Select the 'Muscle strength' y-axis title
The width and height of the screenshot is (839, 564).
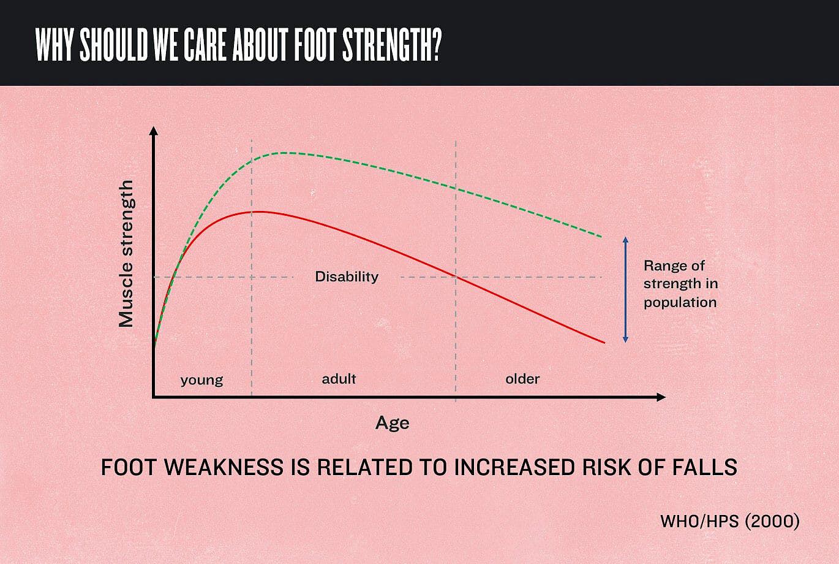(126, 253)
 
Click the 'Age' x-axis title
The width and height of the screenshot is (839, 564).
(392, 423)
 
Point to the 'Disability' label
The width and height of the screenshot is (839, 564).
(347, 276)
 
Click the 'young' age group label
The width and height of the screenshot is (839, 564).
(201, 380)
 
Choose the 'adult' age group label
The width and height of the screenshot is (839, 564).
(339, 379)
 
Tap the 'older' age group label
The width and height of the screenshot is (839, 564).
(522, 379)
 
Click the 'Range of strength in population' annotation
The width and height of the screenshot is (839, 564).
(680, 284)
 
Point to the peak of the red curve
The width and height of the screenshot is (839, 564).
(258, 211)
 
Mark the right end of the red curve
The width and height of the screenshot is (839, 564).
(604, 343)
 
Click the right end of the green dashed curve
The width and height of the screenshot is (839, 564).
(601, 236)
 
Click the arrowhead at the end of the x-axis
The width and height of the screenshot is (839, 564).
(661, 397)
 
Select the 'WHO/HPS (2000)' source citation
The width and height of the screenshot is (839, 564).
(729, 521)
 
